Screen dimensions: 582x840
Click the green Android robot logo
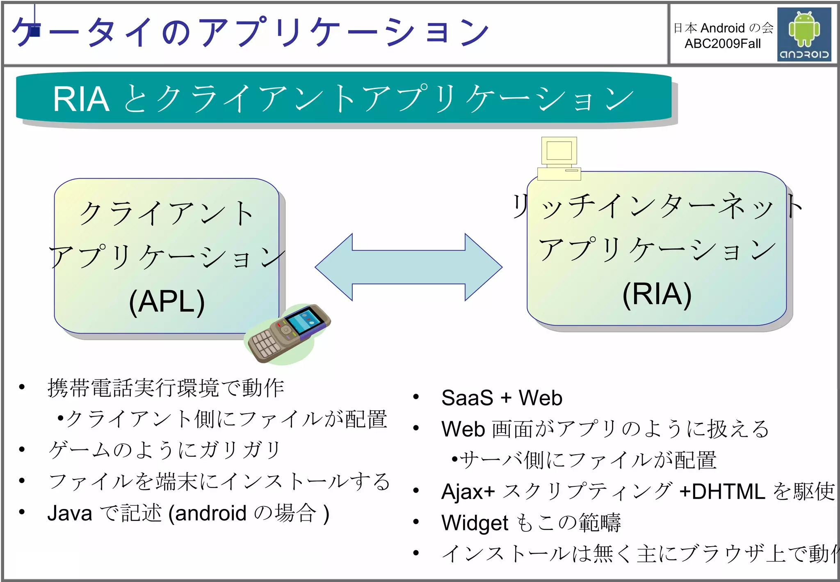[x=804, y=29]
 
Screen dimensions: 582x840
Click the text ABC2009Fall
[x=722, y=44]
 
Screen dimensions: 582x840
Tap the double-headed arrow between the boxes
[x=409, y=267]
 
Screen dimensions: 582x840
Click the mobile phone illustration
[x=287, y=335]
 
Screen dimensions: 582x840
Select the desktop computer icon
[x=559, y=158]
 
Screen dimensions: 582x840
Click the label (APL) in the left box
[x=167, y=302]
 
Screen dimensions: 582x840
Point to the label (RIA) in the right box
[x=657, y=294]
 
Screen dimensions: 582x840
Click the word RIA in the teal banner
[x=81, y=99]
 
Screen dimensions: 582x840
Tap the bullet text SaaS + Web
[x=502, y=398]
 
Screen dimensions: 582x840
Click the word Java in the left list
[x=70, y=513]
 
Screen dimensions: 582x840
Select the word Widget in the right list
[x=475, y=523]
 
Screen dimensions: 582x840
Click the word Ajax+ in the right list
[x=468, y=491]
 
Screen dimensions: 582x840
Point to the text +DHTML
[x=722, y=491]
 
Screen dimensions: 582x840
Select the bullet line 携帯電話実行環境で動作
[x=166, y=388]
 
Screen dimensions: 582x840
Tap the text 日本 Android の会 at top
[x=723, y=28]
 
